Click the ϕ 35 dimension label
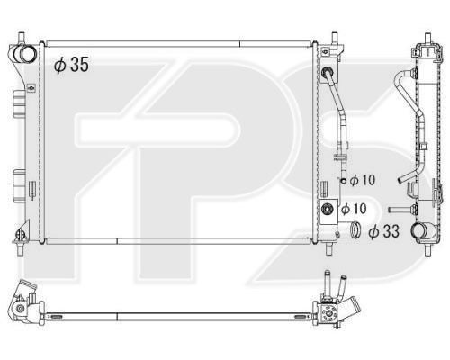tap(71, 65)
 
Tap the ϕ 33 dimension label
tap(384, 231)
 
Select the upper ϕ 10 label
tap(363, 180)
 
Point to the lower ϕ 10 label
tap(354, 209)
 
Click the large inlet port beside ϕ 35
tap(26, 53)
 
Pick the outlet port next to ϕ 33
tap(355, 229)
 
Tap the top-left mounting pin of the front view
tap(22, 38)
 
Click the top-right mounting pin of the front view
tap(335, 38)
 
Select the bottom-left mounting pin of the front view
tap(21, 248)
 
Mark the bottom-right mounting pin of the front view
tap(329, 248)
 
